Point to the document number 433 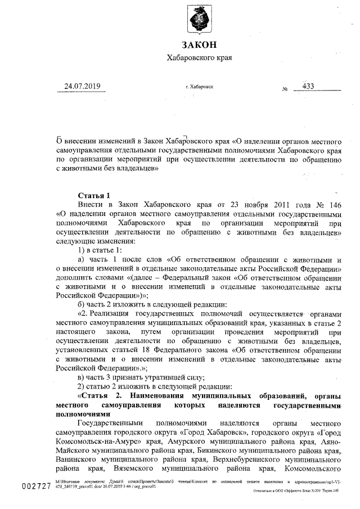(308, 86)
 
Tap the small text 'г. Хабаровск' (199, 88)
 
